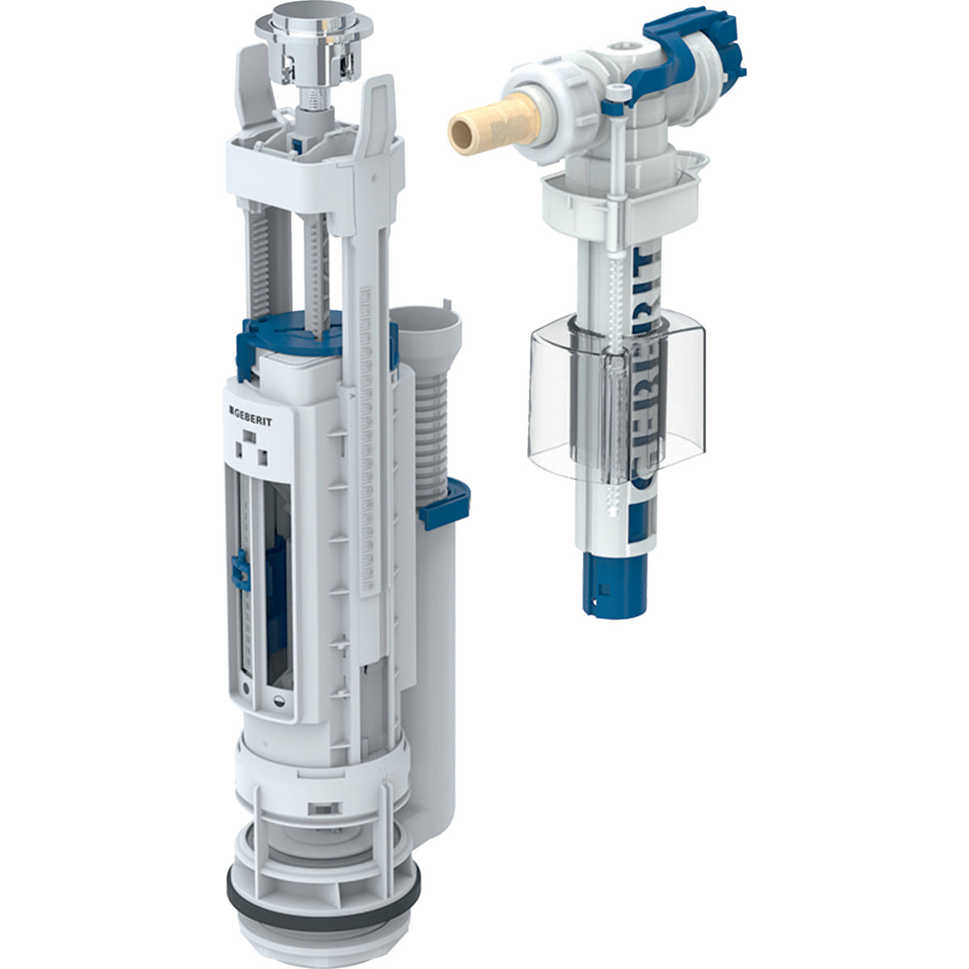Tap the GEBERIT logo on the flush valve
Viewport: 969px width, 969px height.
tap(250, 407)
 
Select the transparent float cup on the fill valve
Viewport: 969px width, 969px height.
tap(615, 399)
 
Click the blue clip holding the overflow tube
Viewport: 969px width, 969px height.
tap(444, 503)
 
